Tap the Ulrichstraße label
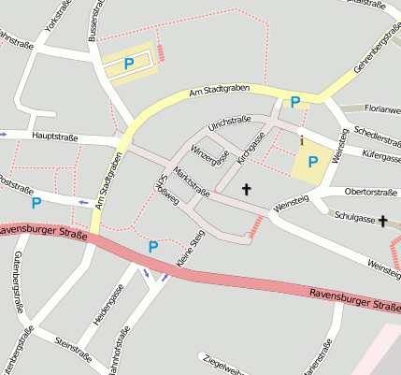click(x=231, y=123)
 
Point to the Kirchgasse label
click(x=251, y=147)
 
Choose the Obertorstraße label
click(x=371, y=192)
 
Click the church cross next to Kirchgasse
click(x=247, y=189)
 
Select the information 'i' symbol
click(x=302, y=140)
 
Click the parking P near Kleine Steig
click(x=152, y=246)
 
